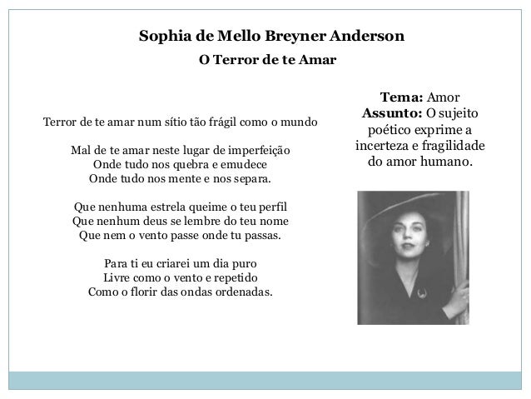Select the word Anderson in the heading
pos(366,37)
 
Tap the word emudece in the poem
pos(251,165)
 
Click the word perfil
pos(275,207)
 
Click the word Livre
pos(116,278)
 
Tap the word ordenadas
pos(248,292)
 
